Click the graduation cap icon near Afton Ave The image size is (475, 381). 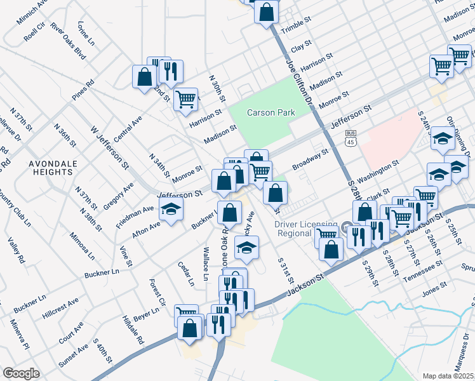171,209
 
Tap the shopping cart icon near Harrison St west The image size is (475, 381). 185,98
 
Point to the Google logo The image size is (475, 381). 21,373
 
